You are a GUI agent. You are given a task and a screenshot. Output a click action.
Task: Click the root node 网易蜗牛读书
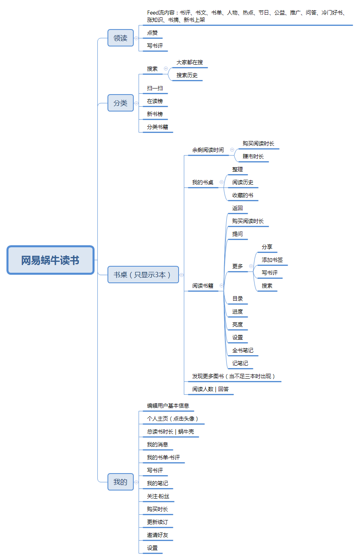(x=51, y=260)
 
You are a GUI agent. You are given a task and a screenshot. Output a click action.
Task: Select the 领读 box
(x=120, y=38)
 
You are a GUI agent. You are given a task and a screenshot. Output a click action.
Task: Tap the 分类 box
(x=120, y=103)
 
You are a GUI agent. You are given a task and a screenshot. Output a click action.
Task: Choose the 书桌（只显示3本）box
(x=143, y=274)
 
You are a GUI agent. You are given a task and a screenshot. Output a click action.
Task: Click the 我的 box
(x=120, y=482)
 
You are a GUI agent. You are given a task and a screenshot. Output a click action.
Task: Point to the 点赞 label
(x=152, y=33)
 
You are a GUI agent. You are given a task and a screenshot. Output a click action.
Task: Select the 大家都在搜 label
(x=189, y=62)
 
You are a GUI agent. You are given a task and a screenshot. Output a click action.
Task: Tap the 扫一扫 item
(x=155, y=88)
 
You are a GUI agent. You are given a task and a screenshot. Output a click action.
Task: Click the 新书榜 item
(x=155, y=114)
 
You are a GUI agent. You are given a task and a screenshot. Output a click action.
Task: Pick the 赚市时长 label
(x=253, y=156)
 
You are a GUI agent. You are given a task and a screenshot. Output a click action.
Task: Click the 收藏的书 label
(x=242, y=195)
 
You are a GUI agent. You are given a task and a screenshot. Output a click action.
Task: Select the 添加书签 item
(x=272, y=260)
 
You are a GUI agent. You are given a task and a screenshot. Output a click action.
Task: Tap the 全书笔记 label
(x=242, y=350)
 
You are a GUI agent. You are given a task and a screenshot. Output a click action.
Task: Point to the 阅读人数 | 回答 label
(x=210, y=389)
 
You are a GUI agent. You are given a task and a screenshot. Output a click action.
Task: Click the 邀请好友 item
(x=158, y=535)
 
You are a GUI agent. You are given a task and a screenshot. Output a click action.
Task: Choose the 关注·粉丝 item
(x=158, y=496)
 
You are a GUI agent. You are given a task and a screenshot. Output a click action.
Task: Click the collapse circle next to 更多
(x=251, y=266)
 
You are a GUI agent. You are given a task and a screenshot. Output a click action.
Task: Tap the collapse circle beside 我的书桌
(x=221, y=182)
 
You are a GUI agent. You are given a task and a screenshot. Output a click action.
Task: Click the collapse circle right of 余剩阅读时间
(x=232, y=150)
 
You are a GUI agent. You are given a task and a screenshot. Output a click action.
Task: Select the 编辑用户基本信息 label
(x=168, y=406)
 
